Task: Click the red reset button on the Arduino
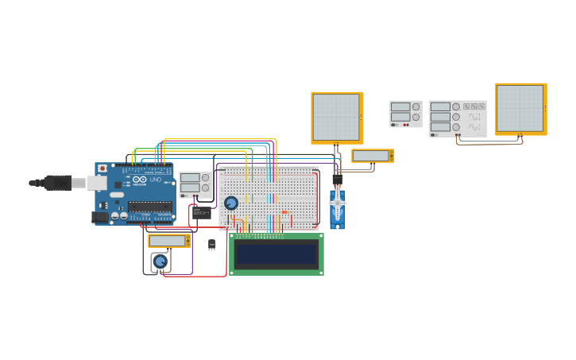(102, 168)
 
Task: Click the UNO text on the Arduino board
(157, 180)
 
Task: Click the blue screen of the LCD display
(276, 254)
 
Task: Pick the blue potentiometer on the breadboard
(231, 203)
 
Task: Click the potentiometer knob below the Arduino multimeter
(160, 261)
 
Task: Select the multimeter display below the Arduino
(167, 240)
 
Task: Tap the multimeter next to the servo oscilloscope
(373, 156)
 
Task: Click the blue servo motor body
(338, 211)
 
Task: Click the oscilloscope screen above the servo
(335, 117)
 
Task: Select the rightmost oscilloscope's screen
(520, 108)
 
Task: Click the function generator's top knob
(456, 106)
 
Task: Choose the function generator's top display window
(440, 106)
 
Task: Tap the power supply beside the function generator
(405, 114)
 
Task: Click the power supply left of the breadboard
(195, 184)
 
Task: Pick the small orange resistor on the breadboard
(284, 212)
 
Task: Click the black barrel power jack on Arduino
(100, 216)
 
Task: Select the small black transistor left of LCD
(211, 245)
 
